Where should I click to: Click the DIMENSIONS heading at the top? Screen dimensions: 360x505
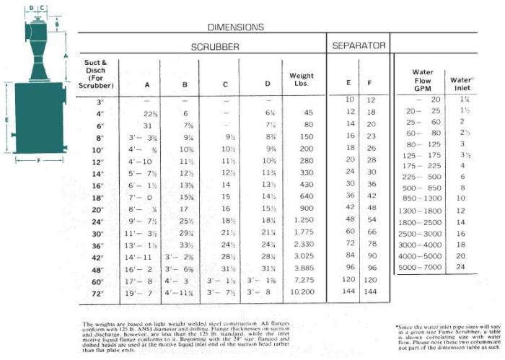pyautogui.click(x=235, y=27)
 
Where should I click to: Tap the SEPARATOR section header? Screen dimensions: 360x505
pyautogui.click(x=359, y=46)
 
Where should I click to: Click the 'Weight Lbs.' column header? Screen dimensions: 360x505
pyautogui.click(x=301, y=79)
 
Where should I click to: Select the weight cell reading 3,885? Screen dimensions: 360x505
pyautogui.click(x=302, y=268)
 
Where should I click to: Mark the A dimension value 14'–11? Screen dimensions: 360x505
pyautogui.click(x=146, y=255)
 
